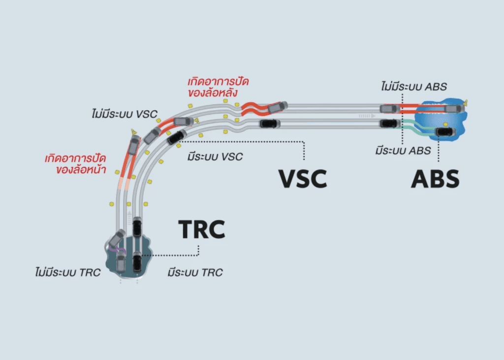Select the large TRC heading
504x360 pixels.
(x=201, y=230)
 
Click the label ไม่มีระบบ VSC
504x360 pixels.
(x=124, y=114)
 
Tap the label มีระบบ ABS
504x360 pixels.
(x=403, y=150)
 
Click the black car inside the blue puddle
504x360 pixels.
(x=446, y=131)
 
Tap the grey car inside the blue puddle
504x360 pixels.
(x=453, y=108)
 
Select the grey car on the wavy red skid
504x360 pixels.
(x=277, y=107)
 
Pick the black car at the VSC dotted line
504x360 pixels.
(x=177, y=137)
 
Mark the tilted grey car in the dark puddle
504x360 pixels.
(x=117, y=239)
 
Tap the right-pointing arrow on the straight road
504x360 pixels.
(x=364, y=116)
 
